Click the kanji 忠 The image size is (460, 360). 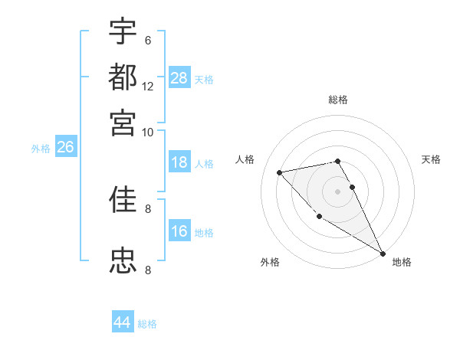pos(123,260)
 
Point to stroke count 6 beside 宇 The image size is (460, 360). pos(147,41)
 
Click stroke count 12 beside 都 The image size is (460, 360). pos(148,86)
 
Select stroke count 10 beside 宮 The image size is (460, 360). pos(148,132)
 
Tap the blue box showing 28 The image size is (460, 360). pos(179,77)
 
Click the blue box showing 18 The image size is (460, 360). pos(179,162)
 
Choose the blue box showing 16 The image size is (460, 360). pos(179,231)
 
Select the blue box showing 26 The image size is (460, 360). pos(65,148)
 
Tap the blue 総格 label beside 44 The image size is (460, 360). pos(147,324)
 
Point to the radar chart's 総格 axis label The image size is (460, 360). pos(338,100)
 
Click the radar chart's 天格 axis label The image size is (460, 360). pos(431,159)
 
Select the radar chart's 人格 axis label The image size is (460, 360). pos(245,159)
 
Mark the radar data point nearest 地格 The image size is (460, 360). pos(383,253)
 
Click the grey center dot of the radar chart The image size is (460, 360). pos(338,191)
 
